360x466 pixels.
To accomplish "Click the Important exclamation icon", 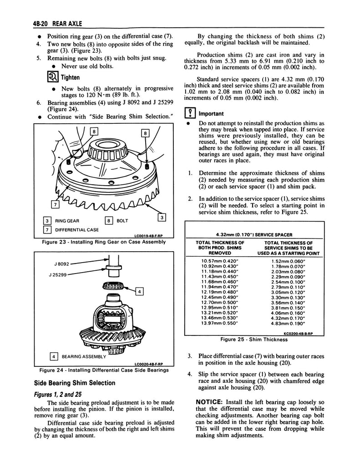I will pos(189,114).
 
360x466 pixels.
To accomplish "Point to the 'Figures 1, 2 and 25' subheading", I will pos(61,394).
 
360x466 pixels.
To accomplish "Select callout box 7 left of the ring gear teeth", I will pos(56,204).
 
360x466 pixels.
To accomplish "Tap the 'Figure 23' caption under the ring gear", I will pos(103,242).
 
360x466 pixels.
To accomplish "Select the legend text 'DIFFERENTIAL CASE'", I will pos(77,230).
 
